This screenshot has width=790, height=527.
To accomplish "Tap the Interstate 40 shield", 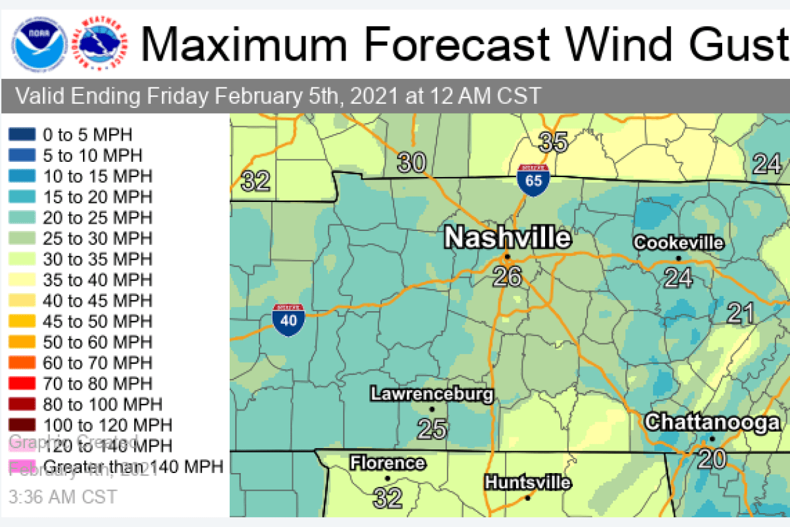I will pyautogui.click(x=288, y=320).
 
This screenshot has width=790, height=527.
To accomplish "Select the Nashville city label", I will pyautogui.click(x=507, y=238).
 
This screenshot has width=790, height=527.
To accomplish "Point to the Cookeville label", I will pyautogui.click(x=678, y=243).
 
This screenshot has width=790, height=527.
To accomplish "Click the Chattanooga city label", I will pyautogui.click(x=712, y=422).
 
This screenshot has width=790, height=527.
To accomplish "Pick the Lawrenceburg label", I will pyautogui.click(x=432, y=394).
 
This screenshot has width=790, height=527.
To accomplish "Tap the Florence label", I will pyautogui.click(x=387, y=463).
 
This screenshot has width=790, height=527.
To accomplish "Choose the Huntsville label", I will pyautogui.click(x=527, y=482).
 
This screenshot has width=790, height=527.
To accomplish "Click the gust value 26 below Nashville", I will pyautogui.click(x=507, y=277).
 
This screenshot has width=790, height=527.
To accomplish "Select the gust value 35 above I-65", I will pyautogui.click(x=553, y=141).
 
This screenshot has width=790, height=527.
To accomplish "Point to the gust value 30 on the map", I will pyautogui.click(x=411, y=163).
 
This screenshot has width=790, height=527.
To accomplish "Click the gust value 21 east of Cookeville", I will pyautogui.click(x=741, y=313).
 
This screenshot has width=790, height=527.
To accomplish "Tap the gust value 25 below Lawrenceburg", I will pyautogui.click(x=433, y=429).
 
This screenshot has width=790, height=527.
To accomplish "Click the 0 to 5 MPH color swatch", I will pyautogui.click(x=22, y=135).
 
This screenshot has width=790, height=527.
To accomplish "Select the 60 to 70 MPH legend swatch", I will pyautogui.click(x=22, y=363).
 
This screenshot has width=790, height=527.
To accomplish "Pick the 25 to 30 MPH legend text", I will pyautogui.click(x=97, y=238).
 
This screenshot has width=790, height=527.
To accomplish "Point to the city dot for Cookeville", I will pyautogui.click(x=678, y=258).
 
